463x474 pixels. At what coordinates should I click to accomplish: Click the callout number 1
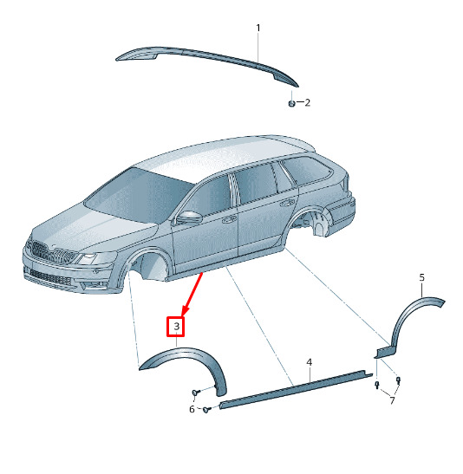point(258,28)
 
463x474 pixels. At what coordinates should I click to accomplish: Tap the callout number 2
point(308,103)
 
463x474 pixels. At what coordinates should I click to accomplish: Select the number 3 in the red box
point(176,326)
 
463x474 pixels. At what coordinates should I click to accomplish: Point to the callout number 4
point(309,362)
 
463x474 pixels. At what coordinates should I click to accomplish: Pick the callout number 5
point(422,277)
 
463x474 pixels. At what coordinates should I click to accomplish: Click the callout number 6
point(192,409)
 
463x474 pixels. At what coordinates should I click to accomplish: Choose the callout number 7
point(392,401)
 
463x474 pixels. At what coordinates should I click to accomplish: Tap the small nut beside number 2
point(291,103)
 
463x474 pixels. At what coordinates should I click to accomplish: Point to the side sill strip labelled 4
point(297,389)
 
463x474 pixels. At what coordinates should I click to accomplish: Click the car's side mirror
point(190,217)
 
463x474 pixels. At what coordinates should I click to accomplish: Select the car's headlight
point(96,258)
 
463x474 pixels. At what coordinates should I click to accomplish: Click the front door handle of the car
point(230,220)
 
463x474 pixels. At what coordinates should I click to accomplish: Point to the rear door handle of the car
point(288,203)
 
